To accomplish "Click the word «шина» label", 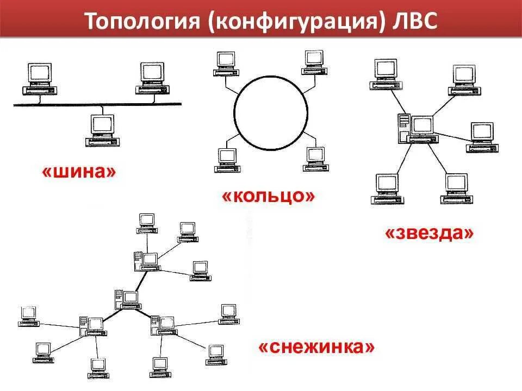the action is point(79,172).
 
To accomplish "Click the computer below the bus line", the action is point(102,130).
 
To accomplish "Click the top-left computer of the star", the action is point(386,74).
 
